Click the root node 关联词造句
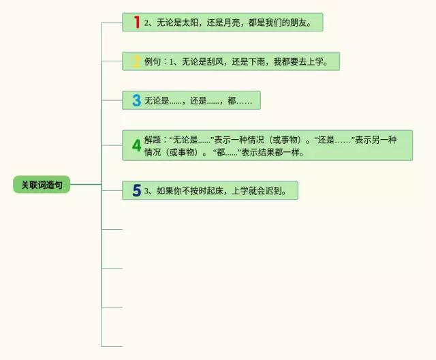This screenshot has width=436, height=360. coord(41,185)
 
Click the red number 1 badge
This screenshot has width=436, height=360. coord(136,22)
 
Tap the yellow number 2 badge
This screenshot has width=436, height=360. coord(136,61)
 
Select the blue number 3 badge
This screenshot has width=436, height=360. coord(136,101)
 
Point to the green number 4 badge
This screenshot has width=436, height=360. coord(136,145)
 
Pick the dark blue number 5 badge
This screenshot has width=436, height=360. coord(136,191)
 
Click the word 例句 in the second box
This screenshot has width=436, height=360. coord(152,61)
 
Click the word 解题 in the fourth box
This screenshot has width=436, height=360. coord(152,139)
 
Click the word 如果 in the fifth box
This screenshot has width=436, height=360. coord(165,191)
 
